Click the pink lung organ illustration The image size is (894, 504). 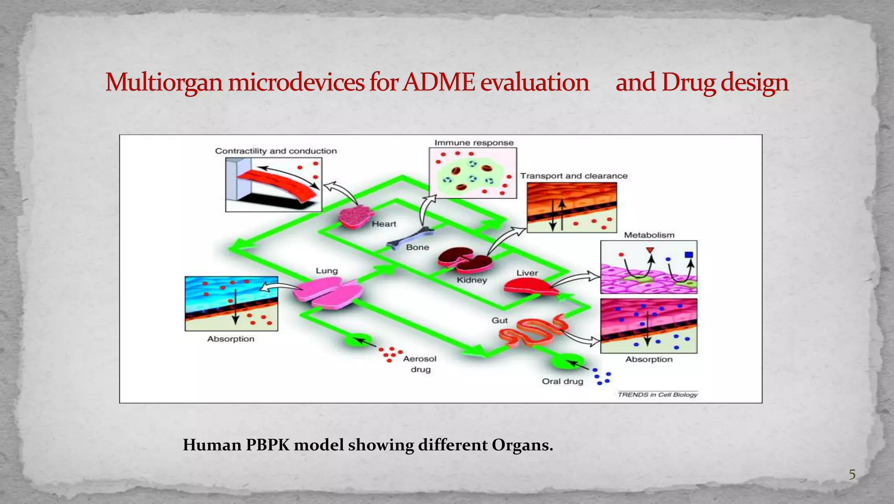(328, 293)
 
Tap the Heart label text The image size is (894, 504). (384, 224)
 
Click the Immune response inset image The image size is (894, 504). (473, 173)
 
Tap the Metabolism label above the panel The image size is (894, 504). (649, 235)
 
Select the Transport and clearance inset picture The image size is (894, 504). (571, 207)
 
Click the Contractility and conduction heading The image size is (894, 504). (276, 151)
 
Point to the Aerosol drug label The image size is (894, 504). (419, 364)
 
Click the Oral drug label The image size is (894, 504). (562, 381)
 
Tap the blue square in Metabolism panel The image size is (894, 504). (689, 254)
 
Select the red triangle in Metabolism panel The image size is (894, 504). (650, 250)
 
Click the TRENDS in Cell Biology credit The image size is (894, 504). (657, 394)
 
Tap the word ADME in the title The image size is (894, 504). (438, 82)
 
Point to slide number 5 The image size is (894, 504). (852, 474)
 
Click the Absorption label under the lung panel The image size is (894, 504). (230, 339)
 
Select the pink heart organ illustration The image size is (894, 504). (356, 216)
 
